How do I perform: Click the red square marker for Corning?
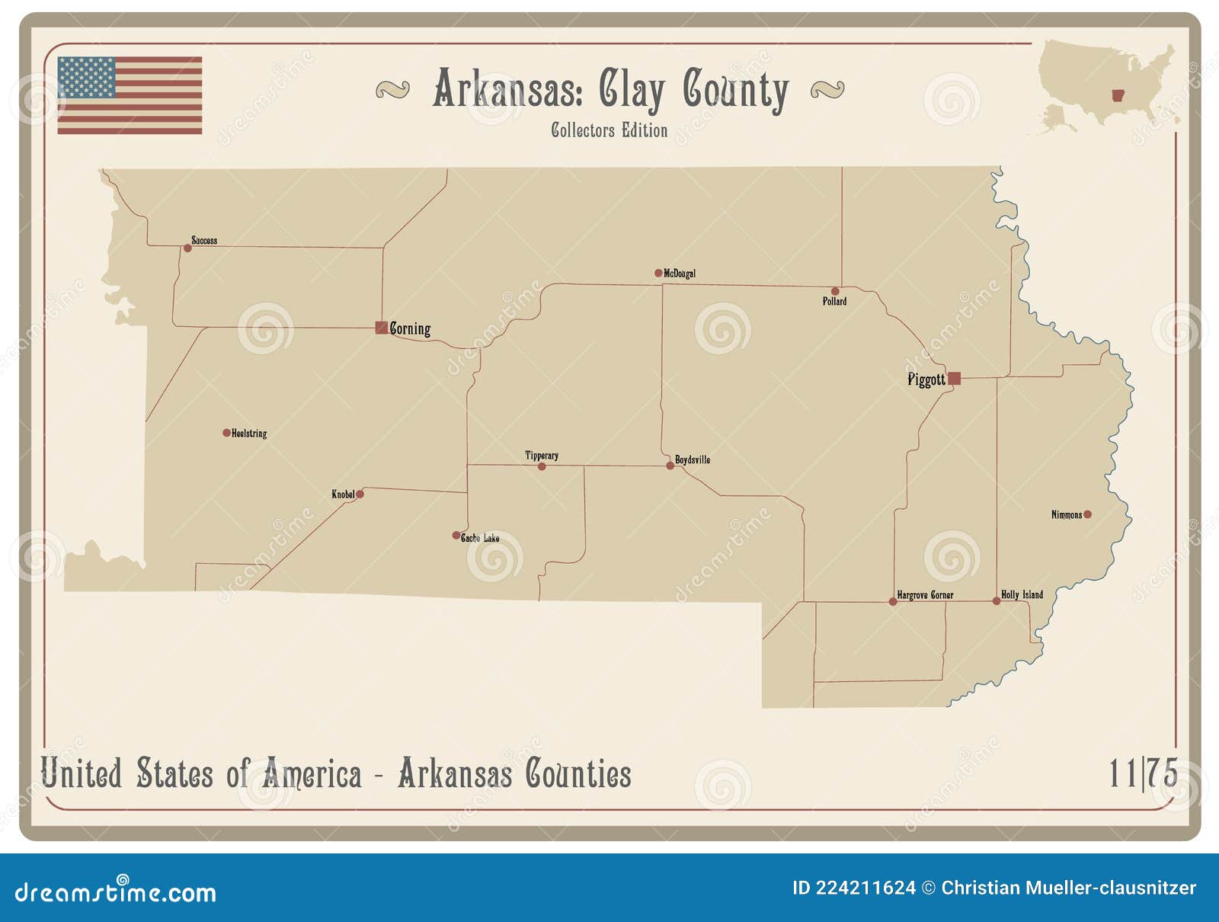[381, 328]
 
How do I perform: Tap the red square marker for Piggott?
[954, 378]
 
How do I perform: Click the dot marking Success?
[187, 248]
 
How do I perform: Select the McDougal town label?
[680, 273]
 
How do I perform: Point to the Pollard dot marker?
[835, 291]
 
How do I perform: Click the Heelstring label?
[249, 434]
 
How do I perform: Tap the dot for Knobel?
[360, 494]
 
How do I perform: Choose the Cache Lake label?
[480, 538]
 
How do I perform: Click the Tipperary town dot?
[542, 466]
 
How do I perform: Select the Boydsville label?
[693, 459]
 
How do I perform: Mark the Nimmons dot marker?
[1087, 514]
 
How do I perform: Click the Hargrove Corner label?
[925, 595]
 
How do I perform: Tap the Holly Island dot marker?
[996, 601]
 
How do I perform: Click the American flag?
[130, 95]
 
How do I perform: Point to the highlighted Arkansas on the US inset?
[1118, 96]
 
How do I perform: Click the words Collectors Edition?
[609, 130]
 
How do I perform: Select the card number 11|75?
[1143, 773]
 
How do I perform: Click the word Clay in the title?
[632, 90]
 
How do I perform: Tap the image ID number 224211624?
[865, 888]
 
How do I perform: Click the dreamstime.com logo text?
[116, 892]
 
